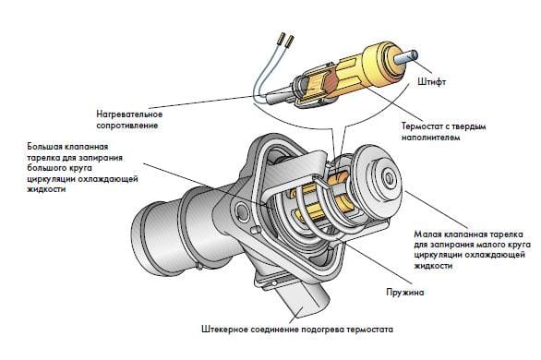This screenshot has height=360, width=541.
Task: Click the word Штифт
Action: [431, 82]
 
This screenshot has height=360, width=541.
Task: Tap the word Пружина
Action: [404, 293]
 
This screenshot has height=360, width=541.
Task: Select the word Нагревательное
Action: [129, 114]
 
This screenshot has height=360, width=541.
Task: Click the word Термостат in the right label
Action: [420, 126]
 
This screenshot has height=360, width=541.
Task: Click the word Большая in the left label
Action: [45, 146]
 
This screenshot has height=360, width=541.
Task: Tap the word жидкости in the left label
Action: [46, 189]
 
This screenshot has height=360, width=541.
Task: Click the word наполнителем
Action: [430, 138]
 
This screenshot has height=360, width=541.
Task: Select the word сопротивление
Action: [127, 126]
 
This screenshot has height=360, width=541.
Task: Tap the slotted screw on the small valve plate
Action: [389, 177]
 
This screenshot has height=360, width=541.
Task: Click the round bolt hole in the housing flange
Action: [242, 211]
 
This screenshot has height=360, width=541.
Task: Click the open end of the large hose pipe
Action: [140, 239]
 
